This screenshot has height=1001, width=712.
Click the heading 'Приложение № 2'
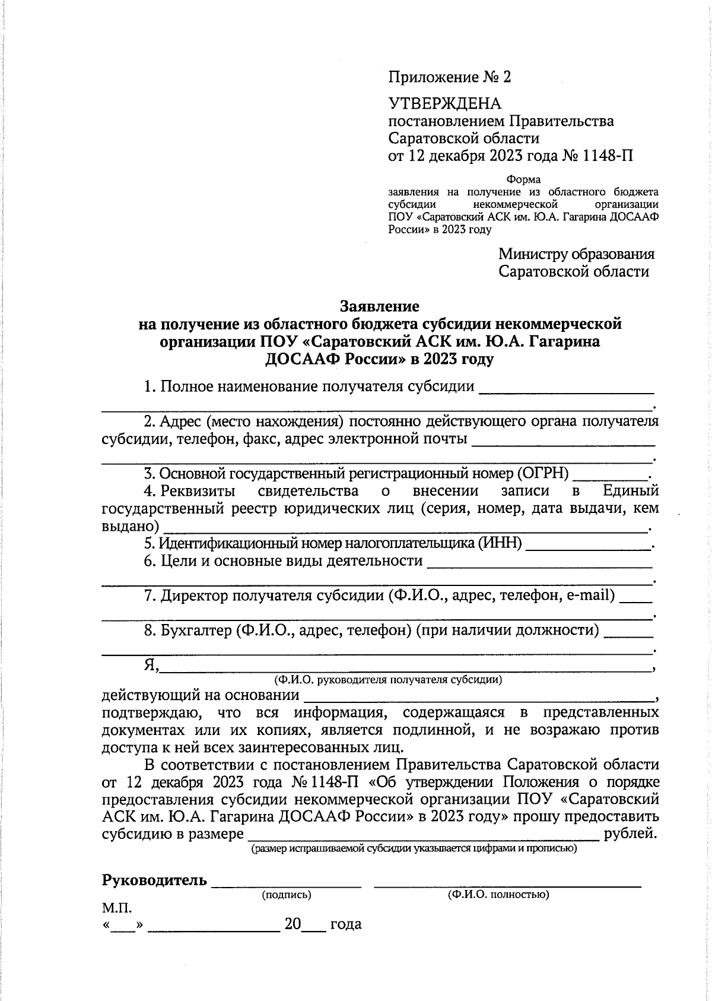tap(449, 77)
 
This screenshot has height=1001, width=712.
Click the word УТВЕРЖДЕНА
tap(444, 104)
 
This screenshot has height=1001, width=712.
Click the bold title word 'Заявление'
tap(380, 306)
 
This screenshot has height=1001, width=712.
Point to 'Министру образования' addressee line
tap(576, 254)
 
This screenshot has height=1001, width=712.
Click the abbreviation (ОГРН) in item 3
tap(542, 474)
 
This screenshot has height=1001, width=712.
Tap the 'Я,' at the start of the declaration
tap(151, 665)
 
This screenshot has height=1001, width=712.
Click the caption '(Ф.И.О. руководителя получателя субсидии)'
tap(387, 679)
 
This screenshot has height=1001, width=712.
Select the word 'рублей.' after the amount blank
tap(630, 834)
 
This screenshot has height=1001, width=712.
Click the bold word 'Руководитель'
tap(154, 880)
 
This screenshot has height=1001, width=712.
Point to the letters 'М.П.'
tap(117, 908)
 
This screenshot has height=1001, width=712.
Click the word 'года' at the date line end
tap(345, 924)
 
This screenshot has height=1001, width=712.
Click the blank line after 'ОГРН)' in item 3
tap(611, 478)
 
